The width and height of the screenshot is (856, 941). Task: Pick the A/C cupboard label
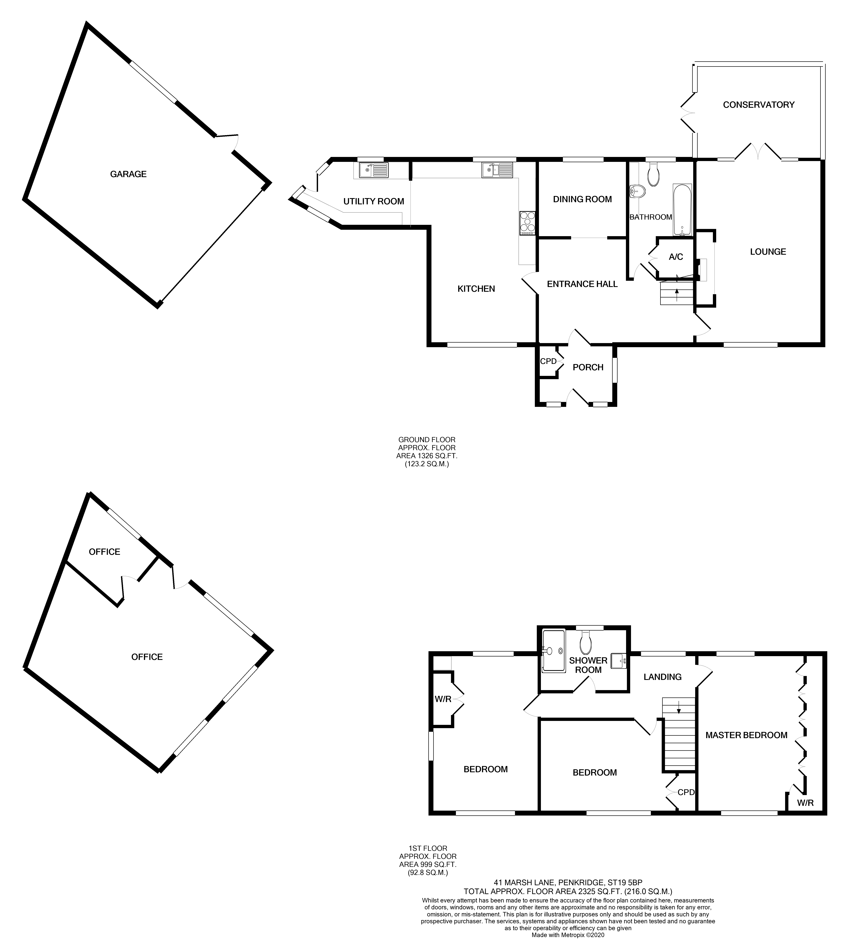pos(676,257)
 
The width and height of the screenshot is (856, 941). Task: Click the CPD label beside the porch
pos(548,361)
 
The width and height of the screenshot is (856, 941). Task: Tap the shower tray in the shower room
pos(553,651)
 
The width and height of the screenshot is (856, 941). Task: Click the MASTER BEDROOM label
pos(746,735)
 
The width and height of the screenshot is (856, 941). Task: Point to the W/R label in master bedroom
pos(805,803)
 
